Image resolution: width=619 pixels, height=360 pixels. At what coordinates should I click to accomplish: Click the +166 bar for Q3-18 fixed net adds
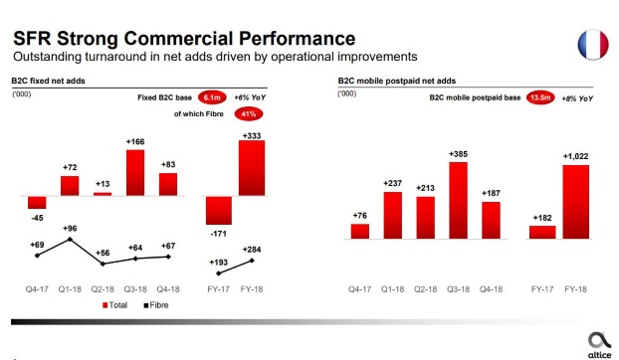coord(135,173)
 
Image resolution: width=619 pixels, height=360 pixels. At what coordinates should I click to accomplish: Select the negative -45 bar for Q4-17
coord(37,203)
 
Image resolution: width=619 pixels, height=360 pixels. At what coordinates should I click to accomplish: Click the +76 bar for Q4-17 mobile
coord(359,232)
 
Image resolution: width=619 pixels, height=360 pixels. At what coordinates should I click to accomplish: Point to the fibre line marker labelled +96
coord(69,240)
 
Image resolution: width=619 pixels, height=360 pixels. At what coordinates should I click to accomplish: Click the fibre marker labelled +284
coord(251,262)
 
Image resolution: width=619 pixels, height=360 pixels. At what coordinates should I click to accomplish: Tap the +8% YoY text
coord(577,97)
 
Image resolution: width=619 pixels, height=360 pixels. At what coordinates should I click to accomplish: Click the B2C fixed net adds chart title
coord(43,80)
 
